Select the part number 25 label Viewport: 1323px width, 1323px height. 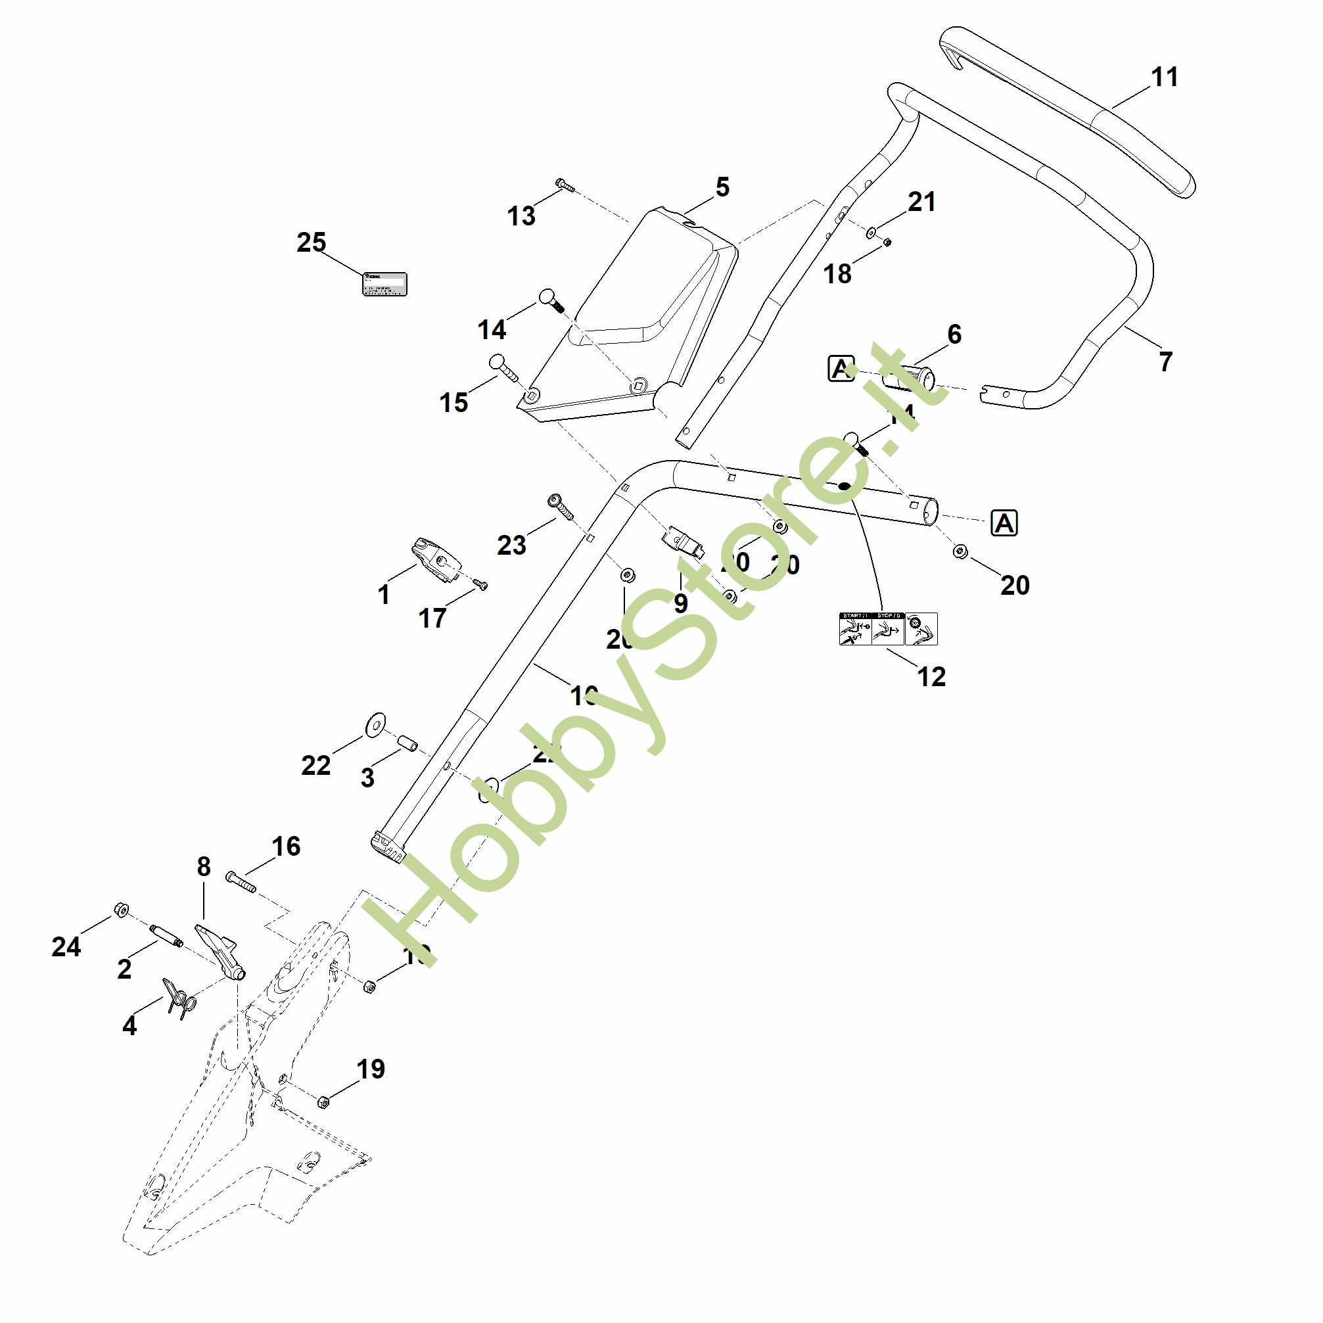click(x=311, y=243)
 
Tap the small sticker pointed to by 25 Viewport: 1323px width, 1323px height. click(x=384, y=284)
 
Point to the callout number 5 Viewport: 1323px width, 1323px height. click(x=722, y=187)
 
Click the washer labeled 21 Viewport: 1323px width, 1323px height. click(x=871, y=233)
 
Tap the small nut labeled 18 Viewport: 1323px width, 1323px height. click(x=885, y=242)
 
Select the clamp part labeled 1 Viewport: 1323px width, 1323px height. click(x=436, y=559)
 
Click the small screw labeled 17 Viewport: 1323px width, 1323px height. click(x=480, y=584)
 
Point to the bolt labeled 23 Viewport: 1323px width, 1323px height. click(x=559, y=507)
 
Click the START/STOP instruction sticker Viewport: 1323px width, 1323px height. click(x=887, y=628)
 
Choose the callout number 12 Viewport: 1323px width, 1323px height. click(x=931, y=676)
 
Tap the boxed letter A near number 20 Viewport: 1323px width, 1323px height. click(x=1004, y=524)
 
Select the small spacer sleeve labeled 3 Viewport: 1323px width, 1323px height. click(x=408, y=744)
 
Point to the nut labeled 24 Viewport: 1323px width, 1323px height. click(x=120, y=910)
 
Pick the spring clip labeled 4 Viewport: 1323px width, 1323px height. click(x=179, y=1000)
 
